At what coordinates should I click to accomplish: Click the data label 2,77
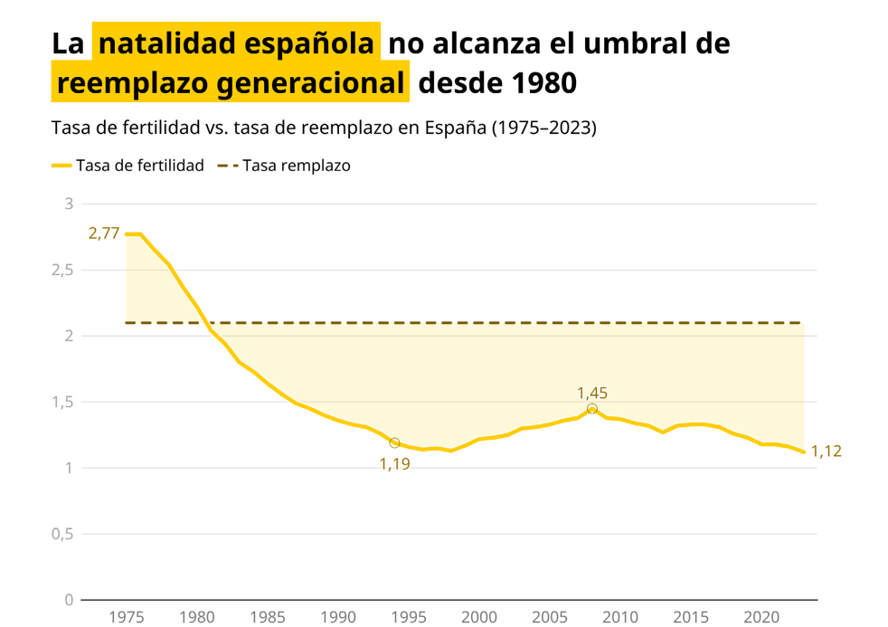[x=104, y=233]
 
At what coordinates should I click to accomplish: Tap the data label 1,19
[x=394, y=464]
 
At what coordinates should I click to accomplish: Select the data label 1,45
[x=592, y=393]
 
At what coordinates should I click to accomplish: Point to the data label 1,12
[x=826, y=451]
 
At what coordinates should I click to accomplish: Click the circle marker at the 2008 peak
[x=592, y=409]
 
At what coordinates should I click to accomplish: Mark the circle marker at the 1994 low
[x=394, y=442]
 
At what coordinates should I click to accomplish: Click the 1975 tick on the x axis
[x=127, y=617]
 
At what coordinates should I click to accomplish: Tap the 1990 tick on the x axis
[x=338, y=617]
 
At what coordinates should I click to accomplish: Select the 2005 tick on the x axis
[x=550, y=617]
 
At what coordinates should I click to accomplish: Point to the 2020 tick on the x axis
[x=761, y=617]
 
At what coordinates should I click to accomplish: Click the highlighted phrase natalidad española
[x=236, y=43]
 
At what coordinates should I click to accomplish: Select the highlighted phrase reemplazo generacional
[x=231, y=83]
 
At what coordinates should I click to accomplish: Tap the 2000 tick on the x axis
[x=479, y=617]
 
